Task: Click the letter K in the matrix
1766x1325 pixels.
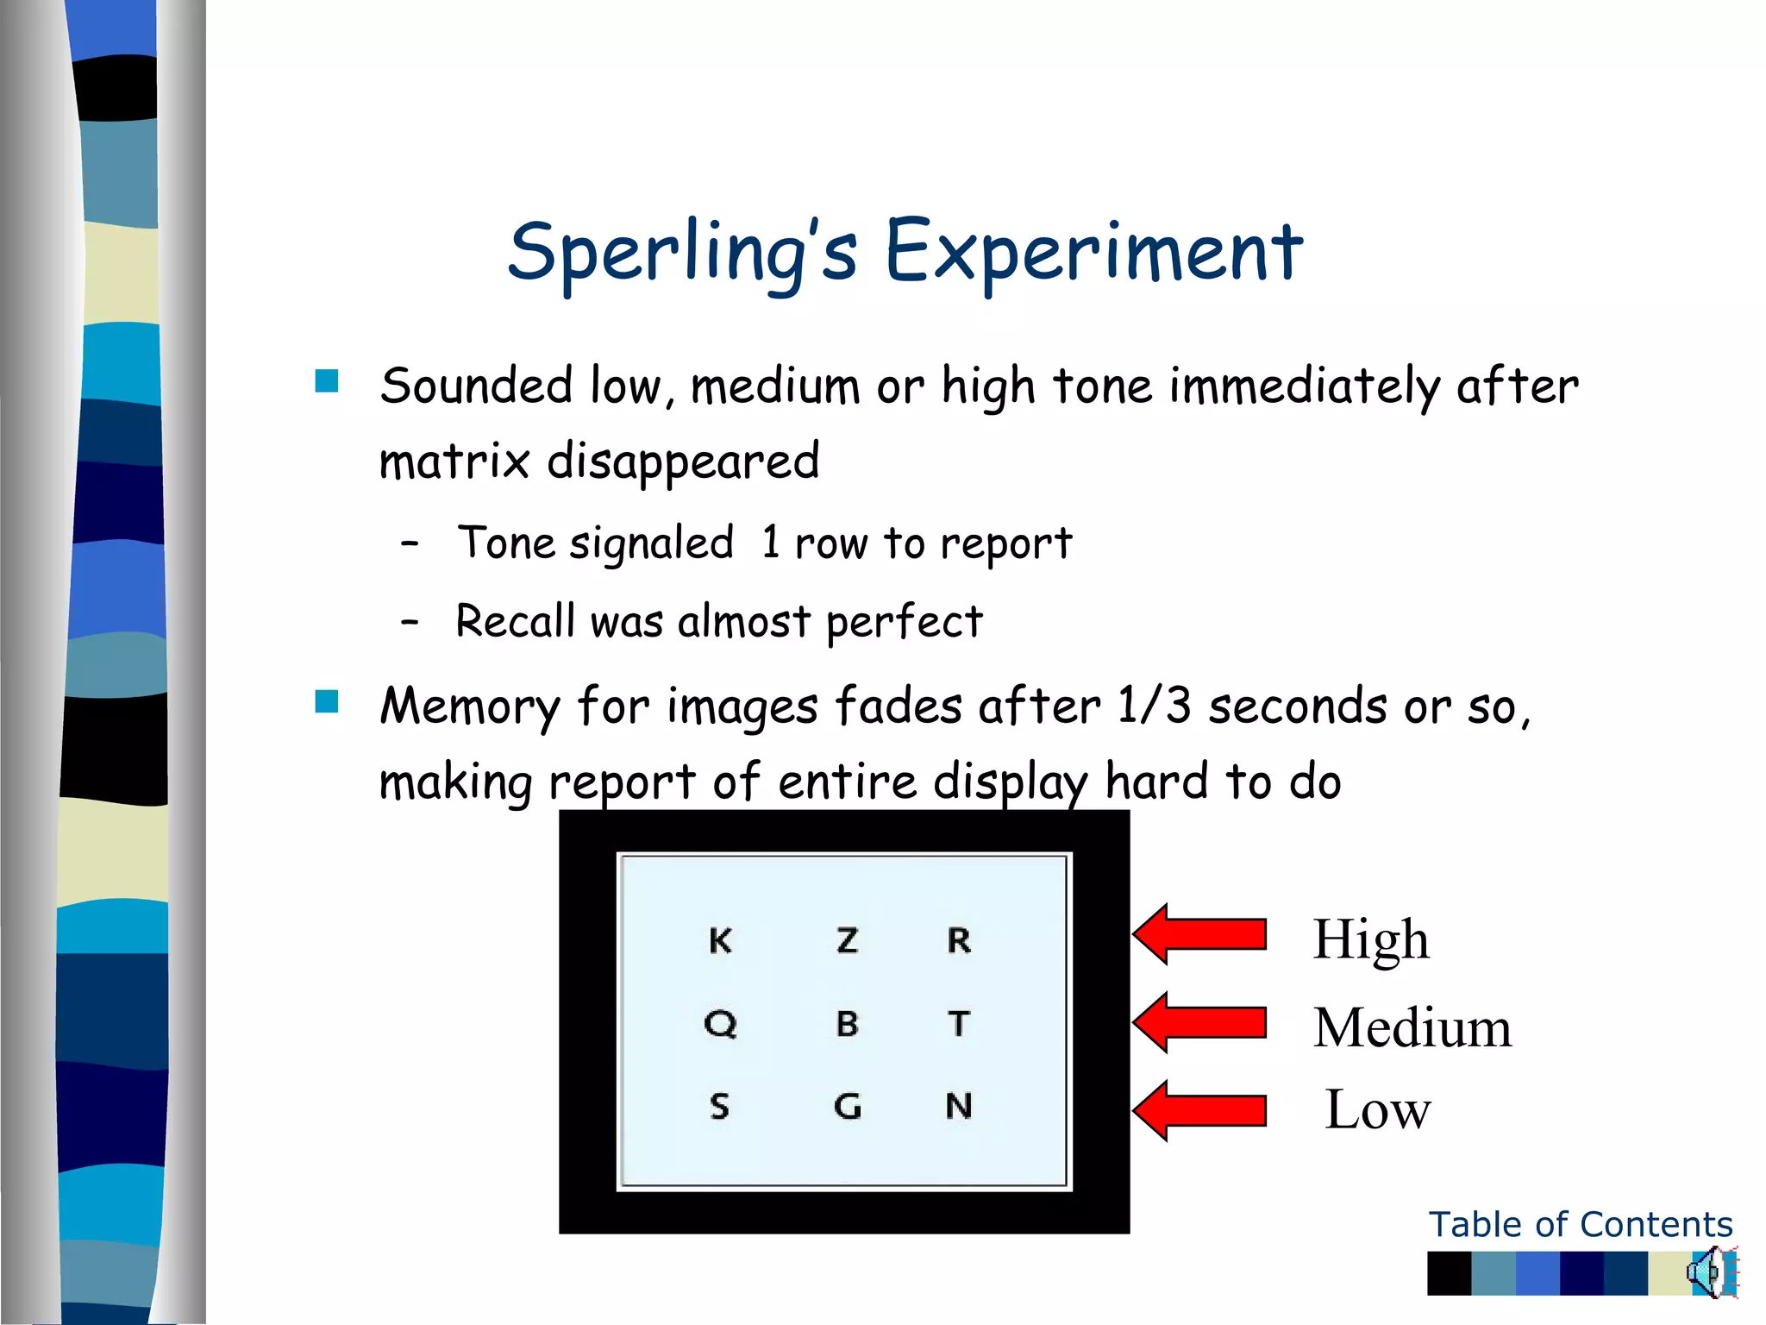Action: pyautogui.click(x=720, y=940)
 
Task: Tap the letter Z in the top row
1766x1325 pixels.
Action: pyautogui.click(x=848, y=940)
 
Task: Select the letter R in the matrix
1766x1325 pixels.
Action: pyautogui.click(x=959, y=940)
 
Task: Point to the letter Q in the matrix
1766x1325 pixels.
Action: pyautogui.click(x=720, y=1024)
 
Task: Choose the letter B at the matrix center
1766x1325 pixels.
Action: pyautogui.click(x=848, y=1024)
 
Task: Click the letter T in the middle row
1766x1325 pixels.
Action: pyautogui.click(x=959, y=1024)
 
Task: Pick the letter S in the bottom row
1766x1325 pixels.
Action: pyautogui.click(x=720, y=1106)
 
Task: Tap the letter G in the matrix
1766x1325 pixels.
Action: pyautogui.click(x=848, y=1106)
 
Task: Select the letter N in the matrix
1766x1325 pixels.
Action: pyautogui.click(x=959, y=1106)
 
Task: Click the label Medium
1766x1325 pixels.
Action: pyautogui.click(x=1412, y=1027)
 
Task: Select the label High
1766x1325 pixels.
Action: pyautogui.click(x=1371, y=939)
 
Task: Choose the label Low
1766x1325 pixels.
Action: pyautogui.click(x=1377, y=1109)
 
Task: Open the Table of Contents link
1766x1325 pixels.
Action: pyautogui.click(x=1580, y=1224)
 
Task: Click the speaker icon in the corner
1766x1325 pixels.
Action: pyautogui.click(x=1711, y=1272)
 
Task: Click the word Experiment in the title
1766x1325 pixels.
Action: pyautogui.click(x=1093, y=252)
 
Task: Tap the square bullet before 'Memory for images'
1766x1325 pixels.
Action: pyautogui.click(x=327, y=701)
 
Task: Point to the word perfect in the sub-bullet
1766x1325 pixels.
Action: pyautogui.click(x=904, y=622)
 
